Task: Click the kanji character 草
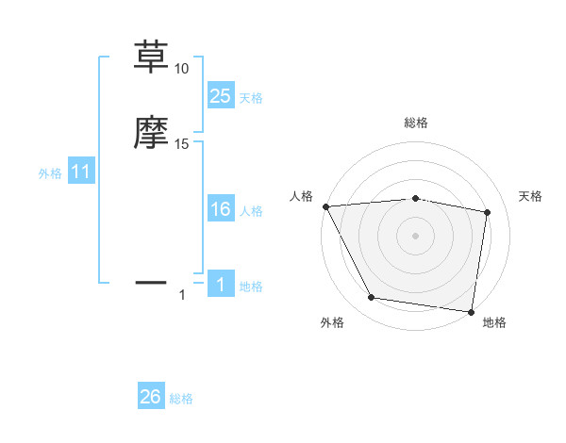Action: pos(152,57)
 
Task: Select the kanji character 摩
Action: pos(152,133)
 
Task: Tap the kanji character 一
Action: pos(152,282)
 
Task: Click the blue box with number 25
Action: pos(221,95)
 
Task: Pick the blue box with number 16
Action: pos(221,210)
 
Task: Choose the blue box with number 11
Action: pos(81,172)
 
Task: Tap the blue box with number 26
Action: pos(151,397)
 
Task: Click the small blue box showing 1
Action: pos(221,285)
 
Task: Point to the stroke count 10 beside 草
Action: pos(181,69)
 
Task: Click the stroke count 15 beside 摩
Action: pos(182,144)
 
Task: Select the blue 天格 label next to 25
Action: pos(251,98)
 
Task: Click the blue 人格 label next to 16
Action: pos(251,212)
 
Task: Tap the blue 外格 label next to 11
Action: pos(50,173)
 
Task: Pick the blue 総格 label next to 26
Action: pos(181,399)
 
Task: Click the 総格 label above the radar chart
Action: pos(416,123)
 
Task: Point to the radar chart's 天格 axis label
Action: pos(531,196)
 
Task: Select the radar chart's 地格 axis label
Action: pos(494,322)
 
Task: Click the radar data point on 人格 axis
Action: pos(325,205)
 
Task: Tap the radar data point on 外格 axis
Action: pos(372,298)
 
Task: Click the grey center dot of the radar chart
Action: pos(416,235)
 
